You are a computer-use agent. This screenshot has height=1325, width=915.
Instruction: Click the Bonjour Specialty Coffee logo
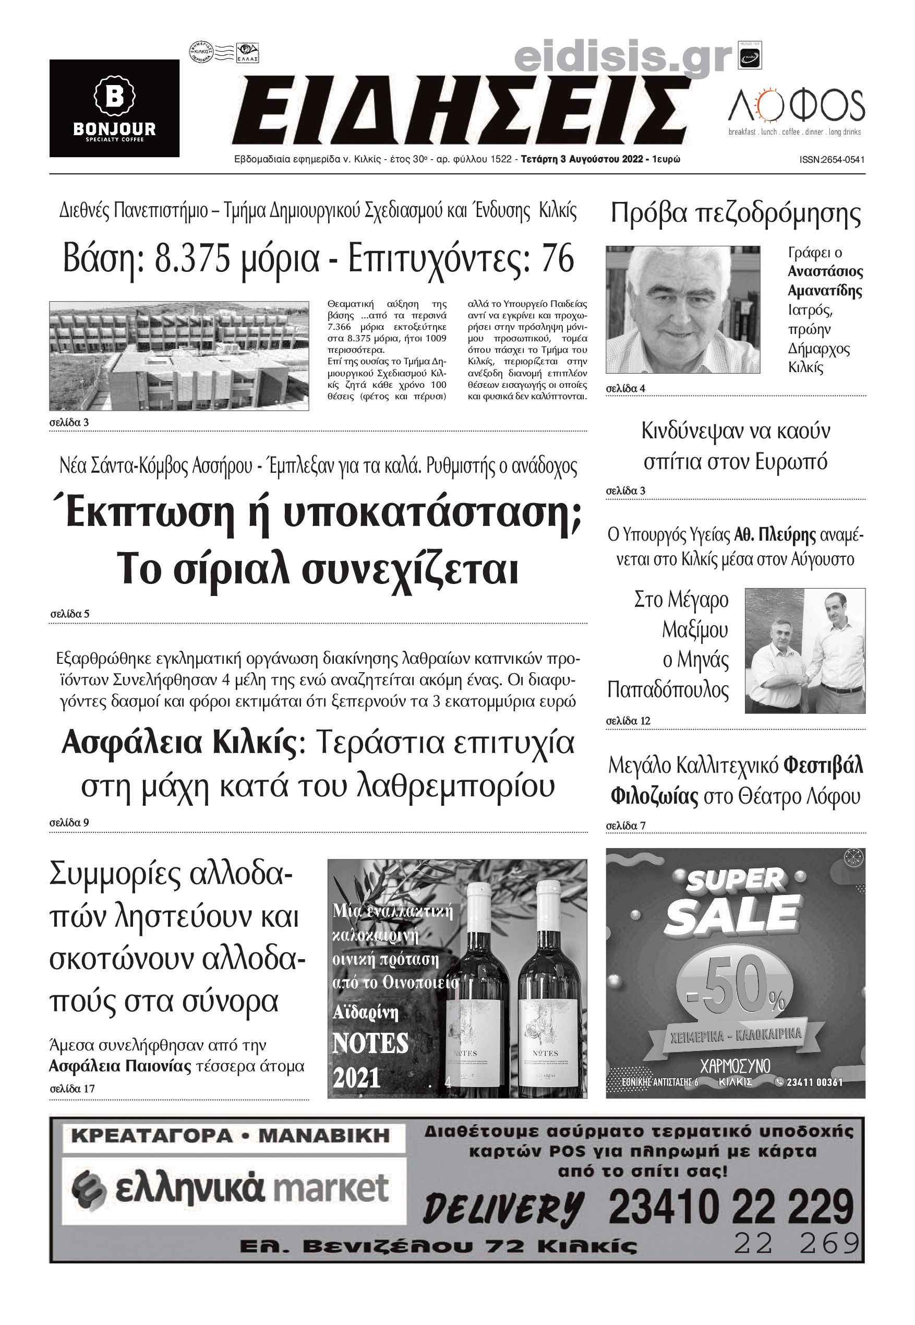(114, 109)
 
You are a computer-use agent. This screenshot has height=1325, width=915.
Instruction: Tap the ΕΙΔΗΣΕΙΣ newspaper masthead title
(462, 111)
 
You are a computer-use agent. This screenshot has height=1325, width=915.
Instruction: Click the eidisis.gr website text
(623, 58)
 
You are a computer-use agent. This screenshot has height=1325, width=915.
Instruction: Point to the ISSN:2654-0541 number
(832, 160)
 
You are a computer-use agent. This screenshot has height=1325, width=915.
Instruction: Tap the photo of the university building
(179, 356)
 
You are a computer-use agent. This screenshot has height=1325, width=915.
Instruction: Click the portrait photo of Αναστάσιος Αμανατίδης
(683, 309)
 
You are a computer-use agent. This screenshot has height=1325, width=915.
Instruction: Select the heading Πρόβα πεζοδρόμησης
(735, 213)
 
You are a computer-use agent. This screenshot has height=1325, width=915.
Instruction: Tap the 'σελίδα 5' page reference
(70, 614)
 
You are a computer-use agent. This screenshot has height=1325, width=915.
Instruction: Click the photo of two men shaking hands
(804, 651)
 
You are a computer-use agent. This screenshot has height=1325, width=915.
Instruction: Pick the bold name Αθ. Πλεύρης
(775, 535)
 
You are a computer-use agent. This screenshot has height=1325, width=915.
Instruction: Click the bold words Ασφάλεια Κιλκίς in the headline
(179, 743)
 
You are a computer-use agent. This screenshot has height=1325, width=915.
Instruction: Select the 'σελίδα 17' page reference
(72, 1089)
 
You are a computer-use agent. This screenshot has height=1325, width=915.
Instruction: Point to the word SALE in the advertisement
(733, 916)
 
